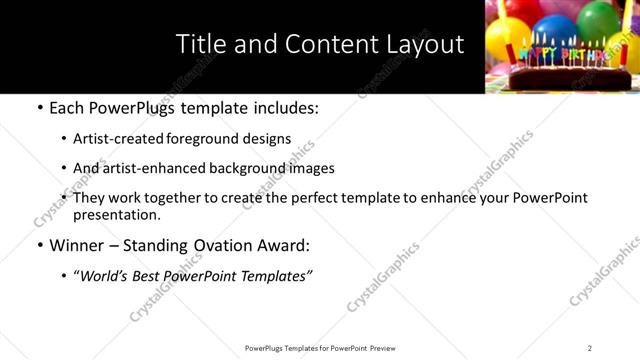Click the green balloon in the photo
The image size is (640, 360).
[x=598, y=18]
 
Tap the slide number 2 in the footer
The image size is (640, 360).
[x=589, y=348]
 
